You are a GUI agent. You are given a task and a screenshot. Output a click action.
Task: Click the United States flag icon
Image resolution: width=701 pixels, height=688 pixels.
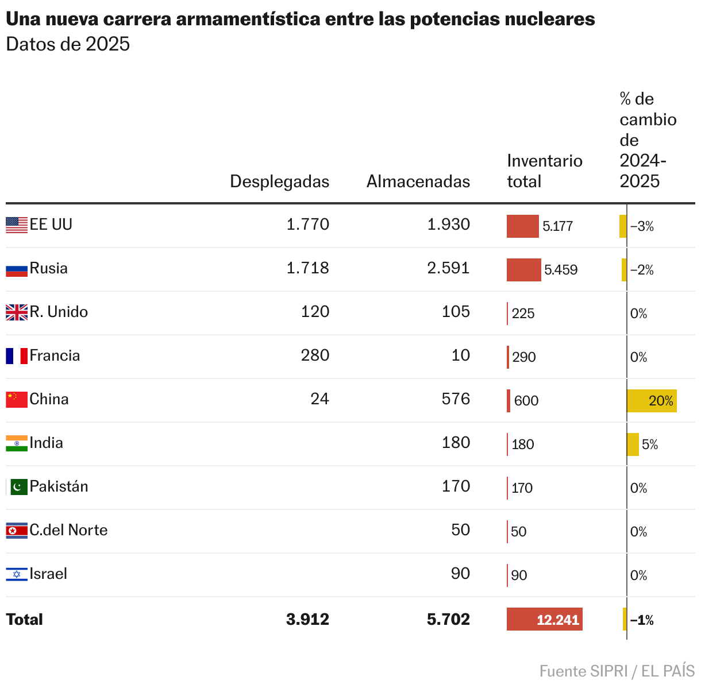(x=17, y=225)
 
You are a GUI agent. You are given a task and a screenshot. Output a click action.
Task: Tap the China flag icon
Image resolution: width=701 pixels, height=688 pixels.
(x=17, y=400)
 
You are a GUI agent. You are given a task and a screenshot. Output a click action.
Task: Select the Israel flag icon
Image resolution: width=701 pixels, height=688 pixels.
(x=17, y=574)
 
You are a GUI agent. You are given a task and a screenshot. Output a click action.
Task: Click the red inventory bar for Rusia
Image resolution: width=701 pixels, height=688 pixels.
(x=523, y=270)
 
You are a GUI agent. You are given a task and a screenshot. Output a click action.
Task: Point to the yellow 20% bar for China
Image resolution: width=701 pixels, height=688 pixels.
(x=652, y=401)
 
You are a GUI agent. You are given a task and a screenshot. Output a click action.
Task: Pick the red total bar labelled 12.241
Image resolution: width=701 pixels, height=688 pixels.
(x=544, y=619)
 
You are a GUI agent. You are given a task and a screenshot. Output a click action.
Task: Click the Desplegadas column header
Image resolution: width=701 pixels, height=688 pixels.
(x=279, y=181)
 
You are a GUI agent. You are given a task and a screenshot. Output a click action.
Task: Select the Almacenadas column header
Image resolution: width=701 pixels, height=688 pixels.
(x=418, y=181)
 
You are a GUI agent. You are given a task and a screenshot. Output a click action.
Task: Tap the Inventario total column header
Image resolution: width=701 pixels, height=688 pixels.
(x=544, y=171)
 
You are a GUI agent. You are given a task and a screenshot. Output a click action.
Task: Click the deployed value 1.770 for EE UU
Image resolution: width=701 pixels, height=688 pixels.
(x=307, y=225)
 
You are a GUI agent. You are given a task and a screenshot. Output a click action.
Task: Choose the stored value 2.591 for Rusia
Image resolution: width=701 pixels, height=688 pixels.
(x=448, y=268)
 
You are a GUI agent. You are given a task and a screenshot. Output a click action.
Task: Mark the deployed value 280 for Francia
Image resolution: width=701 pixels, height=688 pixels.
(x=315, y=355)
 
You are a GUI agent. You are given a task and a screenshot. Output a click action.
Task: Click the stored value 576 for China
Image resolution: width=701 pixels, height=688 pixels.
(x=456, y=399)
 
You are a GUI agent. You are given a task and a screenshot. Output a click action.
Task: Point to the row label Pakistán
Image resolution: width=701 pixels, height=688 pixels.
(x=59, y=486)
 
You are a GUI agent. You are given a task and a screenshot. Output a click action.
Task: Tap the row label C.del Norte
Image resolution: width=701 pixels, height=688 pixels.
(x=68, y=530)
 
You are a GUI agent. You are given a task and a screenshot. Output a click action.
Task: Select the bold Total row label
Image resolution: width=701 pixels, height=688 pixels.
(x=25, y=620)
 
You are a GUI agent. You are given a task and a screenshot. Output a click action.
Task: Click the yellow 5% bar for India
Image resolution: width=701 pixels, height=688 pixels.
(x=633, y=445)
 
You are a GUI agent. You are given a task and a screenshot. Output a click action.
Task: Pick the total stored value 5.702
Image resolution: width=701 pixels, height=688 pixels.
(x=448, y=620)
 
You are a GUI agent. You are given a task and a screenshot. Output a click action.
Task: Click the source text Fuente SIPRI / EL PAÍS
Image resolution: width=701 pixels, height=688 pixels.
(x=617, y=671)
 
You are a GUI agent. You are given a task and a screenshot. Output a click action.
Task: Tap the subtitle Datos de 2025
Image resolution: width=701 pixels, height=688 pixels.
(x=68, y=44)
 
